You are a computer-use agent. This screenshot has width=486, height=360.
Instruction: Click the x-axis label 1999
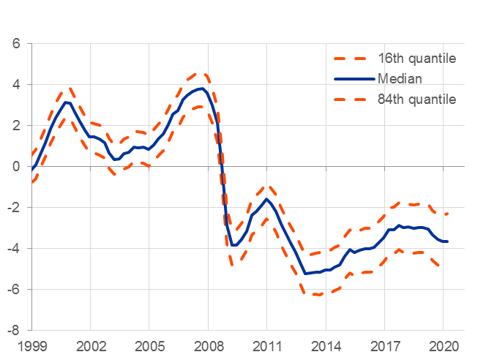point(31,345)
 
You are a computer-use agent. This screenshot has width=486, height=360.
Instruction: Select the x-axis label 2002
point(90,345)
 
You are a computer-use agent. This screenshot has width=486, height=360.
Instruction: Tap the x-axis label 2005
point(149,345)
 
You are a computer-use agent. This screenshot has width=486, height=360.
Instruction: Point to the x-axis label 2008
point(208,345)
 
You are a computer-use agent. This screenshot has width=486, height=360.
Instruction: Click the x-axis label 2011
point(266,345)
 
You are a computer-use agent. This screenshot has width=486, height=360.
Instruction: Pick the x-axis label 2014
point(325,345)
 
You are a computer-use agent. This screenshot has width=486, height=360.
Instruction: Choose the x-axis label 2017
point(384,345)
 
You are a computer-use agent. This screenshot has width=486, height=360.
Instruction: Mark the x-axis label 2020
point(443,345)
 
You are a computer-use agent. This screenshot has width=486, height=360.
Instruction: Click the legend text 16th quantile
point(417,59)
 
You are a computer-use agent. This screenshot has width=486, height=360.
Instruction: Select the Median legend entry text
point(400,78)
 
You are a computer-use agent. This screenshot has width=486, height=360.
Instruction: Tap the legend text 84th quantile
point(417,99)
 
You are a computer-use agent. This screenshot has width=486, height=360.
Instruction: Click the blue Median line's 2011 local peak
point(266,198)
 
